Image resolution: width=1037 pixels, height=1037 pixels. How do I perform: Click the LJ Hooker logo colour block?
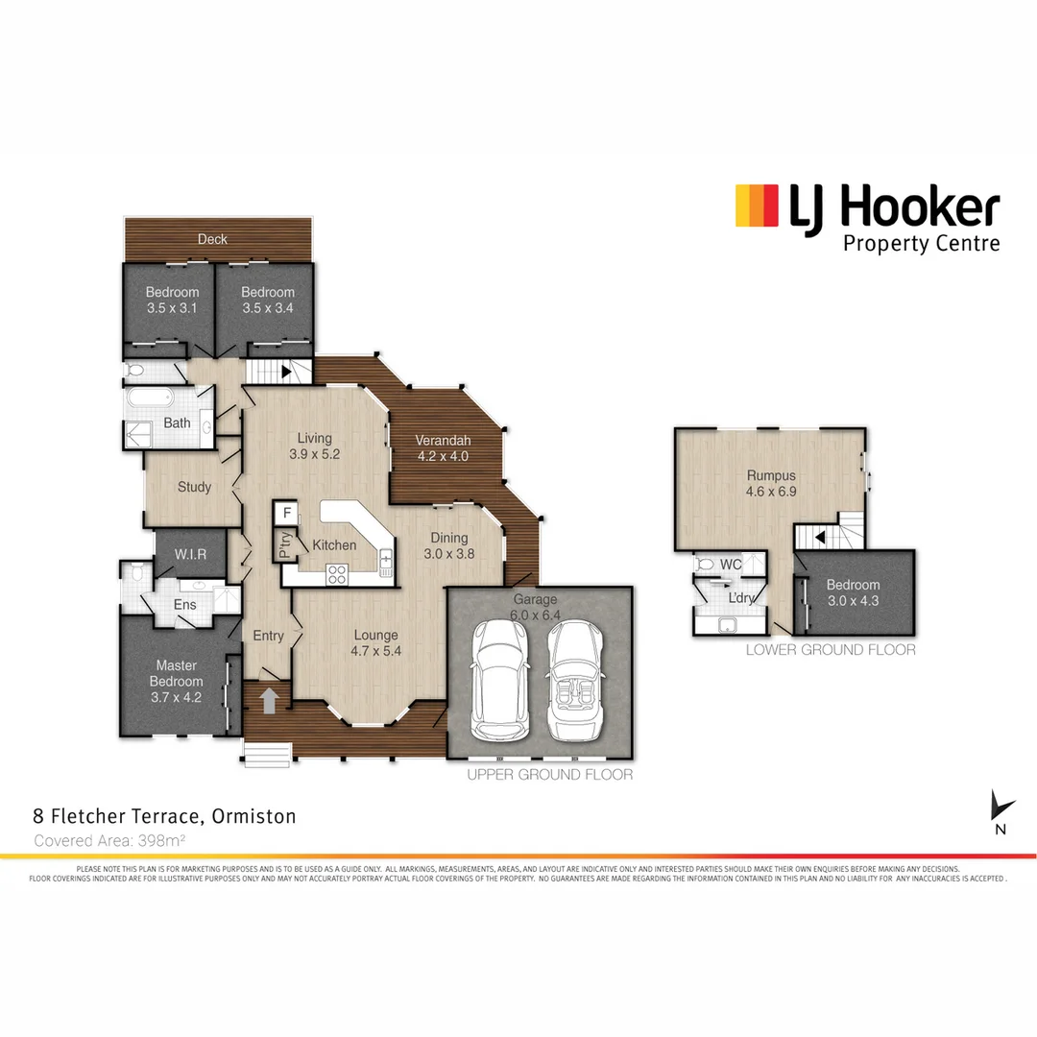point(757,205)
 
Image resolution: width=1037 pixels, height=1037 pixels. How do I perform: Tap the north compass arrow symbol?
point(1001,806)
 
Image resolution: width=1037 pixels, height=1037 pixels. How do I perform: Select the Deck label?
point(212,239)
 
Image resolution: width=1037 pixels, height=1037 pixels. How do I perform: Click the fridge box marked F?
point(286,513)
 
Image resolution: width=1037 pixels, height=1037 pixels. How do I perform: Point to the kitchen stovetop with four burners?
point(338,573)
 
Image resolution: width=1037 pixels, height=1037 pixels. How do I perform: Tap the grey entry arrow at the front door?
point(270,699)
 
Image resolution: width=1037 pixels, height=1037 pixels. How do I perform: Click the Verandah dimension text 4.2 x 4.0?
point(442,456)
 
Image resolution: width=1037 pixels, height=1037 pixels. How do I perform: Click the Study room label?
point(194,487)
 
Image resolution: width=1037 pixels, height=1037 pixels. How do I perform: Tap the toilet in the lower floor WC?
point(706,565)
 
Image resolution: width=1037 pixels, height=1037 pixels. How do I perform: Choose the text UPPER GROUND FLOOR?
point(549,774)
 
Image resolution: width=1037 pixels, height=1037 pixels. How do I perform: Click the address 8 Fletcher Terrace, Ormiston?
point(164,817)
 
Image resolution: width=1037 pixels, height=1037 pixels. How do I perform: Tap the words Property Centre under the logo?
point(920,243)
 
